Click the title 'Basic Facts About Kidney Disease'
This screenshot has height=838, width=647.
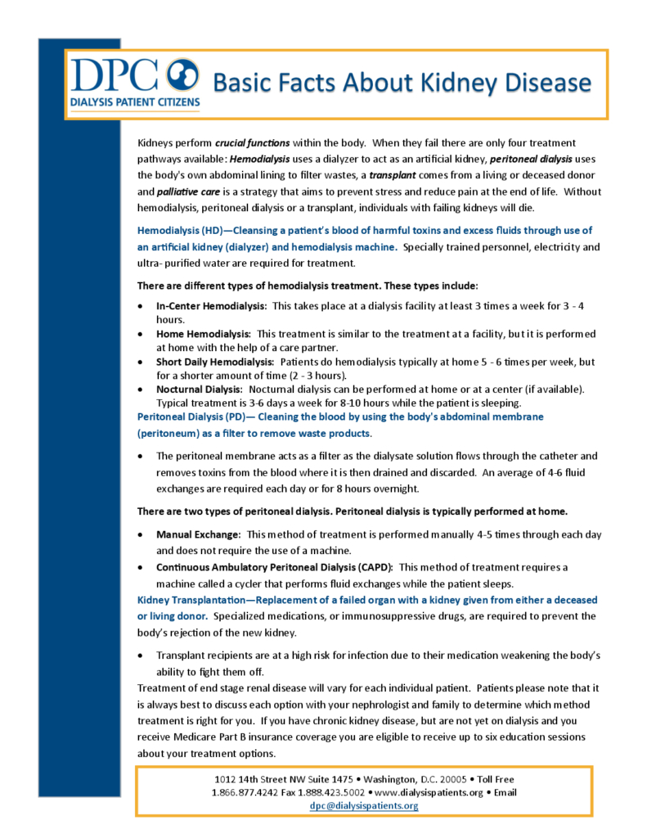402,83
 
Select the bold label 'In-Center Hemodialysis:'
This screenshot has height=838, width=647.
212,305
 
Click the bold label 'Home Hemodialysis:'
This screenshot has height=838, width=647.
204,334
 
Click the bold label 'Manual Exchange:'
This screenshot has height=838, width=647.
198,534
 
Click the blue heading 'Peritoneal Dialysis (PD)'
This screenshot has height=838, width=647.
184,417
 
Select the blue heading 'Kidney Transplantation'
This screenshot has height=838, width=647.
190,600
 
